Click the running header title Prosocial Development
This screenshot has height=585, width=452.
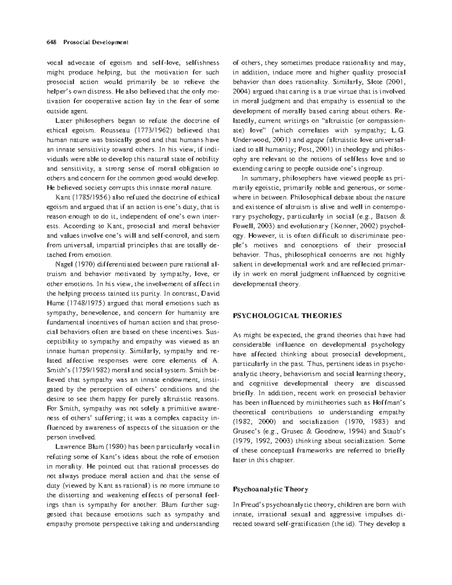96,42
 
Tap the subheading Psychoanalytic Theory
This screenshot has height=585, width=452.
271,489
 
